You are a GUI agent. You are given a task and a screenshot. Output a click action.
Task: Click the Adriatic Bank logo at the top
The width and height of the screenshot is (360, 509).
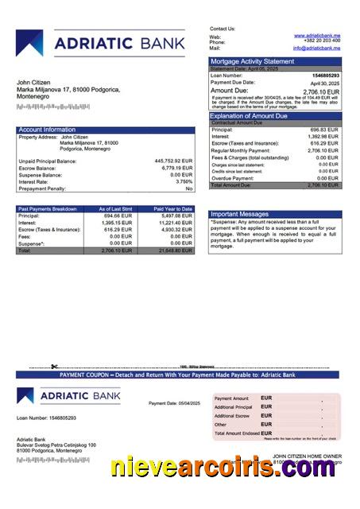point(107,45)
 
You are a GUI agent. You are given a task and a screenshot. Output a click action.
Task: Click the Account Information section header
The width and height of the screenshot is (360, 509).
point(47,130)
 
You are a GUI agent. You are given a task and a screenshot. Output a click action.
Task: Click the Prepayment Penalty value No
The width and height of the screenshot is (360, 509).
point(189,188)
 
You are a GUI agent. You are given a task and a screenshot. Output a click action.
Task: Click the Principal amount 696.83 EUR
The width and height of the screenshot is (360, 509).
point(324,130)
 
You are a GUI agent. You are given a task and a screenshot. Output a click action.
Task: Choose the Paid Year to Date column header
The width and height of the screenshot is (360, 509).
point(173,208)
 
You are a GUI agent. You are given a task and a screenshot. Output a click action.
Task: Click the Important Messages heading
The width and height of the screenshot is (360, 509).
point(241,214)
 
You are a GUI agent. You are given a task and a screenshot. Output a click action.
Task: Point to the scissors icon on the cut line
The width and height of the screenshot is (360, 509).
point(54,367)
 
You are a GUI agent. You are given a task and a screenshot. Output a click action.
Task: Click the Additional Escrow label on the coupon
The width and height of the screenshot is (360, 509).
point(232,416)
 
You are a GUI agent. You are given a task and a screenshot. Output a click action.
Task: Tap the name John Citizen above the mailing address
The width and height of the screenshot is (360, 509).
point(33,83)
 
